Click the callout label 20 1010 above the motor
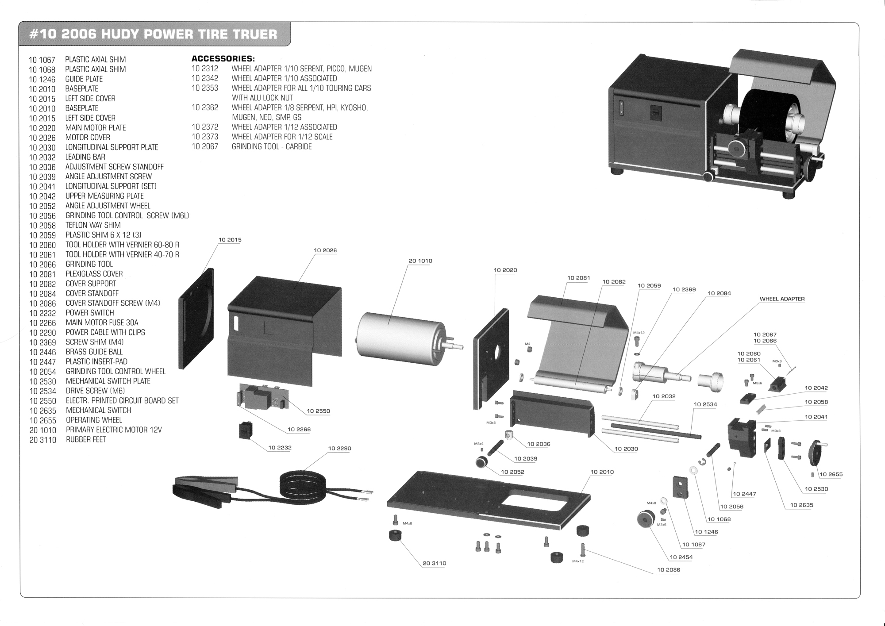pos(420,261)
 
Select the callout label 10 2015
pos(230,240)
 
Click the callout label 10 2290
pos(339,449)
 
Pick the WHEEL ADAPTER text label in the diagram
pos(782,299)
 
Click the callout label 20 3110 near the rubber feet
pos(434,564)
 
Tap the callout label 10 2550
pos(318,411)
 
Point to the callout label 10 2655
pos(831,475)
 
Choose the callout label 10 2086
pos(668,570)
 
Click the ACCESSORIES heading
pos(223,58)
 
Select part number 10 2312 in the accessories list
pos(205,69)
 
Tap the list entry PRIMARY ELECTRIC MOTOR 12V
pos(114,430)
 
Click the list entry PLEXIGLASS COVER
pos(94,274)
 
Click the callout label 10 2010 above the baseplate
pos(602,472)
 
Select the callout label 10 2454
pos(681,557)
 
